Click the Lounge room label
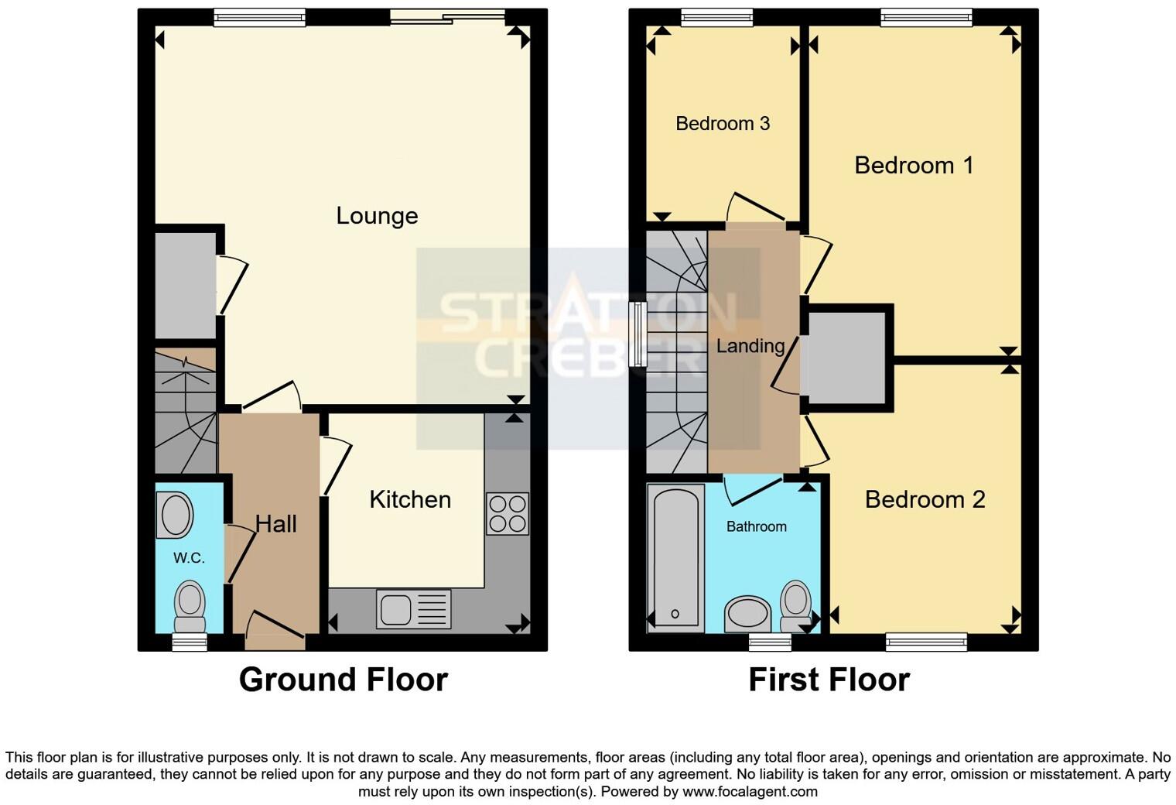tap(377, 215)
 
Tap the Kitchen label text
tap(410, 499)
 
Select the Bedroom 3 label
tap(723, 124)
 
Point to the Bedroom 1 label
tap(914, 165)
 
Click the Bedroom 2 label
tap(925, 499)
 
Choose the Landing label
tap(750, 346)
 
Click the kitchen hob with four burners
tap(508, 514)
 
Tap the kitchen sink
tap(413, 609)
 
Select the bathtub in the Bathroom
tap(675, 556)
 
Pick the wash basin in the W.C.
tap(175, 515)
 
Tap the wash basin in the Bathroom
tap(748, 615)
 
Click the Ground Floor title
tap(343, 680)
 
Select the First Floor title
tap(829, 680)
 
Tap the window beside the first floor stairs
tap(638, 334)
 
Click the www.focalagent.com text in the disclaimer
tap(748, 792)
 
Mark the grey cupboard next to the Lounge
tap(185, 285)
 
